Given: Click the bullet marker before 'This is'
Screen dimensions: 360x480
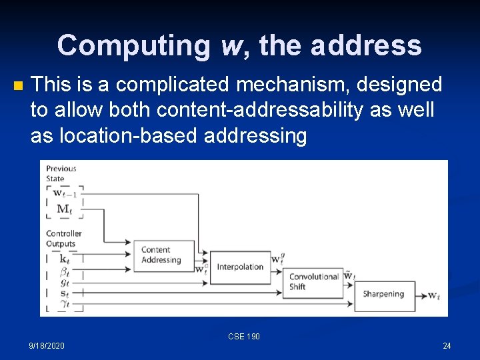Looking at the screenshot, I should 18,85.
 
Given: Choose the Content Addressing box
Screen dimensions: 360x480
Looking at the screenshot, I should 163,255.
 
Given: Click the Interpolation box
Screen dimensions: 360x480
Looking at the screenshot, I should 239,267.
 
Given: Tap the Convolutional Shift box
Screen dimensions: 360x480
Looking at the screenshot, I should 313,282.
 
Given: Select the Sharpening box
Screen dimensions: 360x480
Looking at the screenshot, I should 384,294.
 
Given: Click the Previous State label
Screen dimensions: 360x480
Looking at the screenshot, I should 61,173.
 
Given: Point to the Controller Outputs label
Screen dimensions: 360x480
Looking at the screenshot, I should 63,239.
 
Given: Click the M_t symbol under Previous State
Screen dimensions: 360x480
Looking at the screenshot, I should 64,209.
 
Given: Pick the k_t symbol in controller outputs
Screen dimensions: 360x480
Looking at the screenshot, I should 64,259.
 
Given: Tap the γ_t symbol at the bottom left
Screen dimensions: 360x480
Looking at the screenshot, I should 64,304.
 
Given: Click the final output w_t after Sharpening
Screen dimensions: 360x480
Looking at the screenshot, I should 433,295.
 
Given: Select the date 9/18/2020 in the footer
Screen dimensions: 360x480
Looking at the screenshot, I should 47,345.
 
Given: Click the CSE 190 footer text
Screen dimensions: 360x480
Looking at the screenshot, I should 244,337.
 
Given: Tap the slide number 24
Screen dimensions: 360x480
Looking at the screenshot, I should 447,345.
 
